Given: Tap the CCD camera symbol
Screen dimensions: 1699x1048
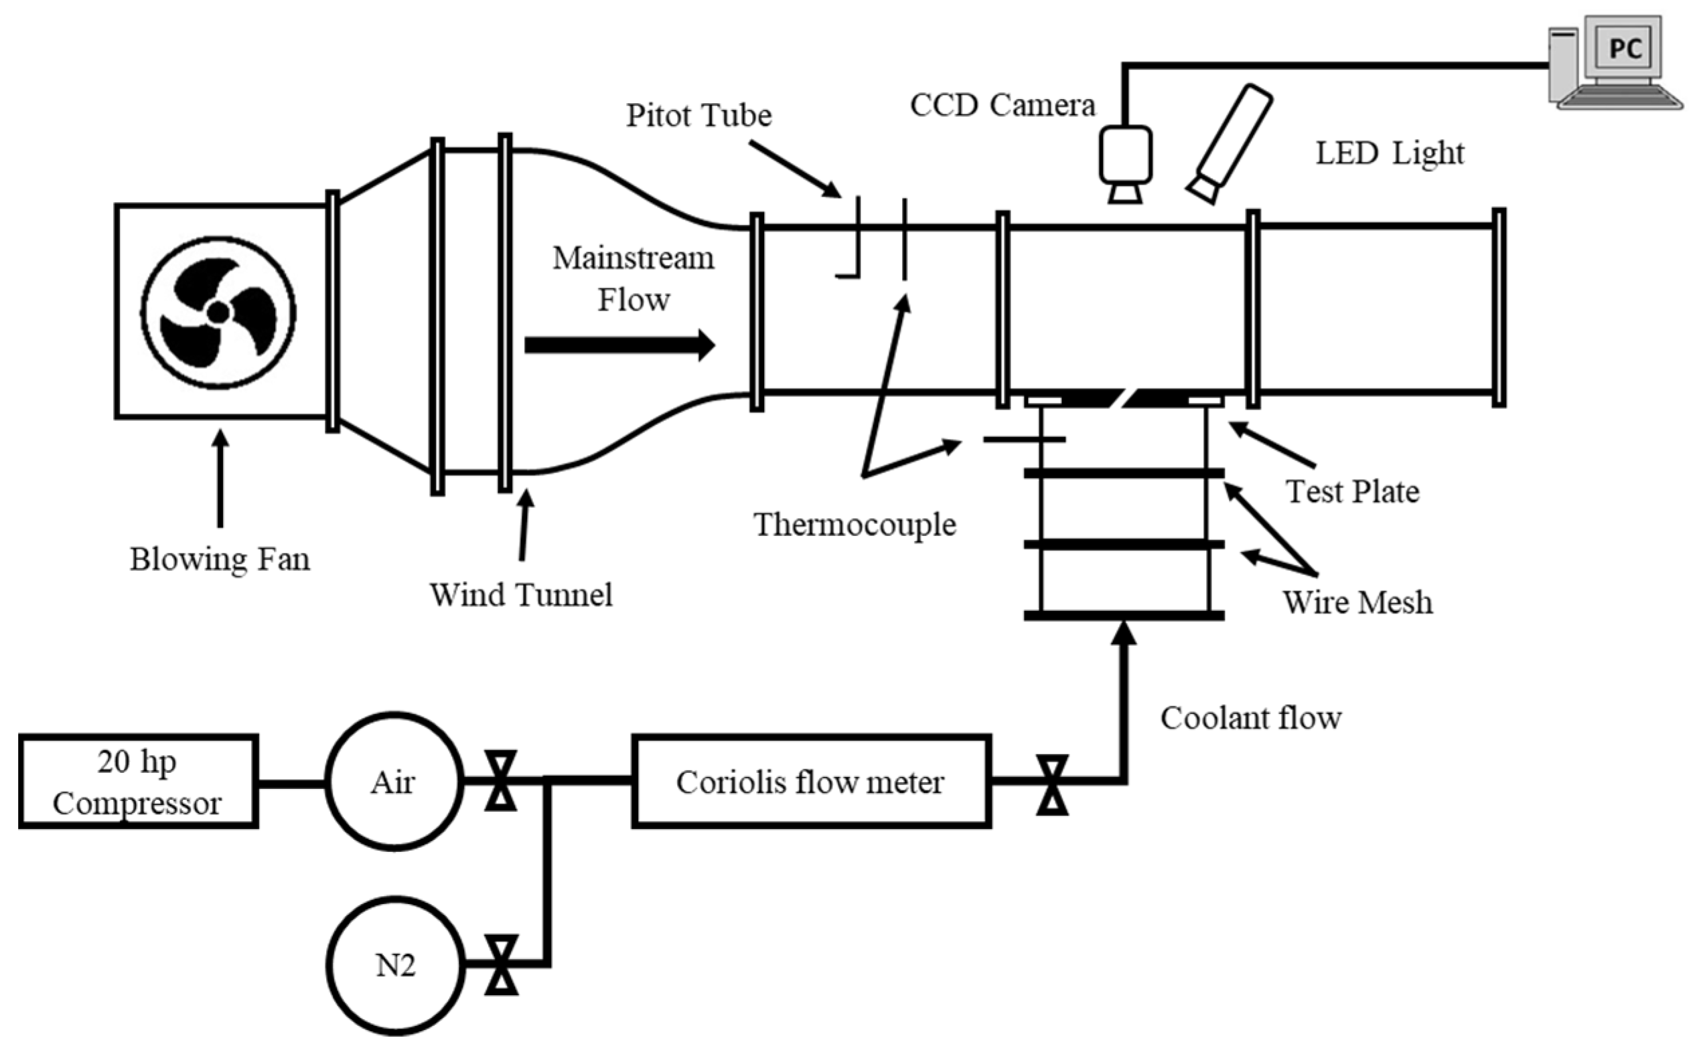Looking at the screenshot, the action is pyautogui.click(x=1125, y=163).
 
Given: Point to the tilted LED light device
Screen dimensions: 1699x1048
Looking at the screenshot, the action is pyautogui.click(x=1229, y=143).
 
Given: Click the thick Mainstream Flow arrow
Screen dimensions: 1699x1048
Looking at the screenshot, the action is pyautogui.click(x=619, y=345).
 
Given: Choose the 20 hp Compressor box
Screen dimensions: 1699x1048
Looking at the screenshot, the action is pyautogui.click(x=138, y=781).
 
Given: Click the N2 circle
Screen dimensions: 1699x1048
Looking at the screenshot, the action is pyautogui.click(x=395, y=966).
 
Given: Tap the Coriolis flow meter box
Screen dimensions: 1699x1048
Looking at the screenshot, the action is pyautogui.click(x=812, y=781).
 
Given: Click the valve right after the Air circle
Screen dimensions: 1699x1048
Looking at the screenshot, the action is pyautogui.click(x=501, y=781).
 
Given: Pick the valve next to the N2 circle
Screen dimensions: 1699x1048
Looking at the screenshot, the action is pyautogui.click(x=501, y=965).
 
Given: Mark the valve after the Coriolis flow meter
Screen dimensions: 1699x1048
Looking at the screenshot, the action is pyautogui.click(x=1052, y=784).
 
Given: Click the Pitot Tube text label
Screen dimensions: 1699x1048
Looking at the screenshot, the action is pyautogui.click(x=699, y=115).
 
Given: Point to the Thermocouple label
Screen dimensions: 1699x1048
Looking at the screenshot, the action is pyautogui.click(x=855, y=525).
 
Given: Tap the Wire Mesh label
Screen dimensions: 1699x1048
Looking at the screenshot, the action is pyautogui.click(x=1357, y=602).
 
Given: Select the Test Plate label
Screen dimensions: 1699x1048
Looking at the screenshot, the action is pyautogui.click(x=1353, y=491).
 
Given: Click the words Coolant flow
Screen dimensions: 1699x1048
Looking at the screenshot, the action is pyautogui.click(x=1251, y=718).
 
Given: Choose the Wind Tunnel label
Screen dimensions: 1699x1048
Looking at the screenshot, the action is pyautogui.click(x=522, y=595).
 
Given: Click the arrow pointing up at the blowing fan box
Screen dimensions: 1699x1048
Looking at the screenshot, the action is pyautogui.click(x=220, y=478).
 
